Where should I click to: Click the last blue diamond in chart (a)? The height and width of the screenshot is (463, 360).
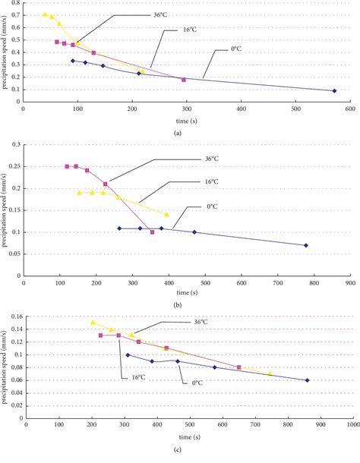(335, 91)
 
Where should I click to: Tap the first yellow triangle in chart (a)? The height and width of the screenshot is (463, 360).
(46, 14)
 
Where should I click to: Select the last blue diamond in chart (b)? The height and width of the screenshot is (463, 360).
(306, 245)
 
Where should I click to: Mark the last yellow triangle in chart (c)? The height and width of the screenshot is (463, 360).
(270, 373)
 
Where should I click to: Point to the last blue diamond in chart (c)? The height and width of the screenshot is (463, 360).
(307, 380)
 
